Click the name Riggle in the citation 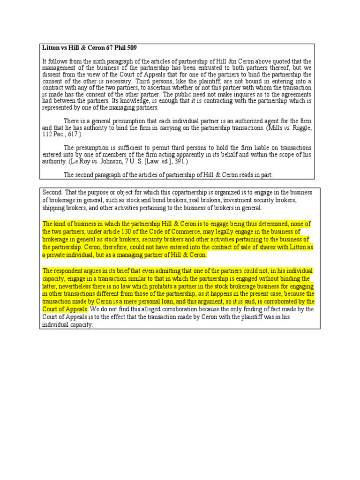pyautogui.click(x=300, y=127)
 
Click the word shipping pyautogui.click(x=53, y=208)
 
